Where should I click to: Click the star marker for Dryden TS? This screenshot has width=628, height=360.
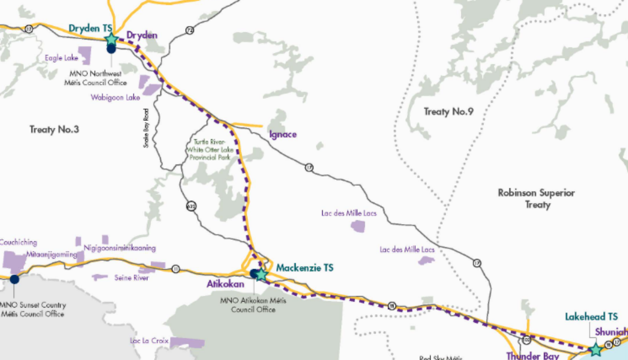click(111, 39)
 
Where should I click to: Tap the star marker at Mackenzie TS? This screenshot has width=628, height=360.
click(261, 274)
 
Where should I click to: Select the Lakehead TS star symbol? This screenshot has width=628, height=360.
click(596, 349)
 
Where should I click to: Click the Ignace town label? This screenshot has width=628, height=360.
click(283, 134)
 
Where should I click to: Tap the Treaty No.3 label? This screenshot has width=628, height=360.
click(54, 130)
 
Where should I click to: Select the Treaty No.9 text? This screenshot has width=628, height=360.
click(449, 112)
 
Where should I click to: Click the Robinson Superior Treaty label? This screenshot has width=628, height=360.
click(537, 198)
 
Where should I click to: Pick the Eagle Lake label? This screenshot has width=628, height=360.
click(61, 58)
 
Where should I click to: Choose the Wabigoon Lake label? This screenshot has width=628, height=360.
click(115, 97)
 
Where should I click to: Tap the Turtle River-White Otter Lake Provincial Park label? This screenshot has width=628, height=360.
click(209, 149)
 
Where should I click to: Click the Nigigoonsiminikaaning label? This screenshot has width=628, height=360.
click(120, 248)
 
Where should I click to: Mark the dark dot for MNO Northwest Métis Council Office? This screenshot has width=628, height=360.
click(111, 49)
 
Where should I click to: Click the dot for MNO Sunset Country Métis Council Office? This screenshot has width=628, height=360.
click(15, 279)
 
